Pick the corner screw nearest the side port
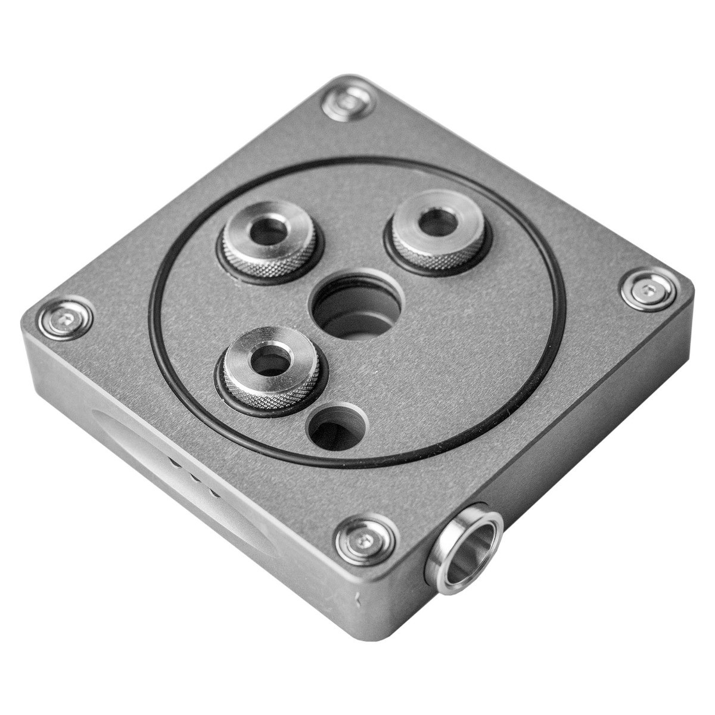(x=365, y=539)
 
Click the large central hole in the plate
(x=343, y=307)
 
